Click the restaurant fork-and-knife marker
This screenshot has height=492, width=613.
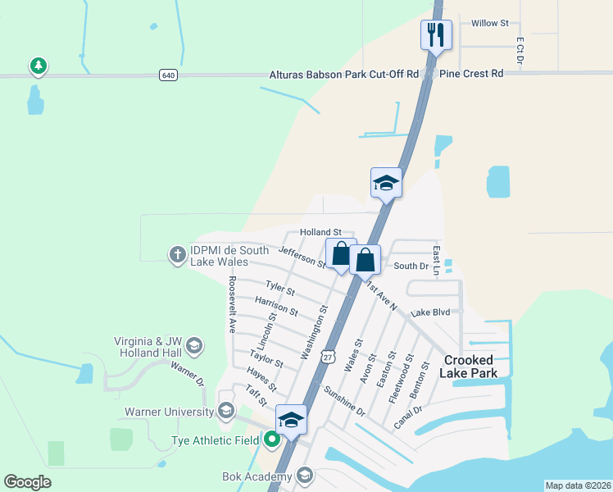pos(434,34)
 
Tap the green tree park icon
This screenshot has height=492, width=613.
pos(37,66)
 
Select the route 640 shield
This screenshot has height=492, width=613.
pos(168,75)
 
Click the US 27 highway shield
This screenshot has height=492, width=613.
pos(328,357)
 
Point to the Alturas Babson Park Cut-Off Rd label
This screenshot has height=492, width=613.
pos(344,74)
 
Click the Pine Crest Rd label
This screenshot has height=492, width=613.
pos(471,74)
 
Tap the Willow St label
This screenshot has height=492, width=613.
pos(490,23)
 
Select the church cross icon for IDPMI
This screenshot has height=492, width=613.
pos(176,254)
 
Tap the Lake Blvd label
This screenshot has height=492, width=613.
pos(431,312)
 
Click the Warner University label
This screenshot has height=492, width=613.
pos(168,411)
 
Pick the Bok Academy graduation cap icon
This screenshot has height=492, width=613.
pos(305,476)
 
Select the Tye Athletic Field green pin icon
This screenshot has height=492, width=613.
pos(273,440)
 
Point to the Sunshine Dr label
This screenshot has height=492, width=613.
pos(344,399)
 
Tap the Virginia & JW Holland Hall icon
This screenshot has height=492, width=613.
pos(194,345)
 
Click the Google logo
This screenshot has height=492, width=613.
pos(28,482)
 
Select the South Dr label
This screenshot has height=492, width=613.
pos(411,266)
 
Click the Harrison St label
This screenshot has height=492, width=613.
pos(276,307)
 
